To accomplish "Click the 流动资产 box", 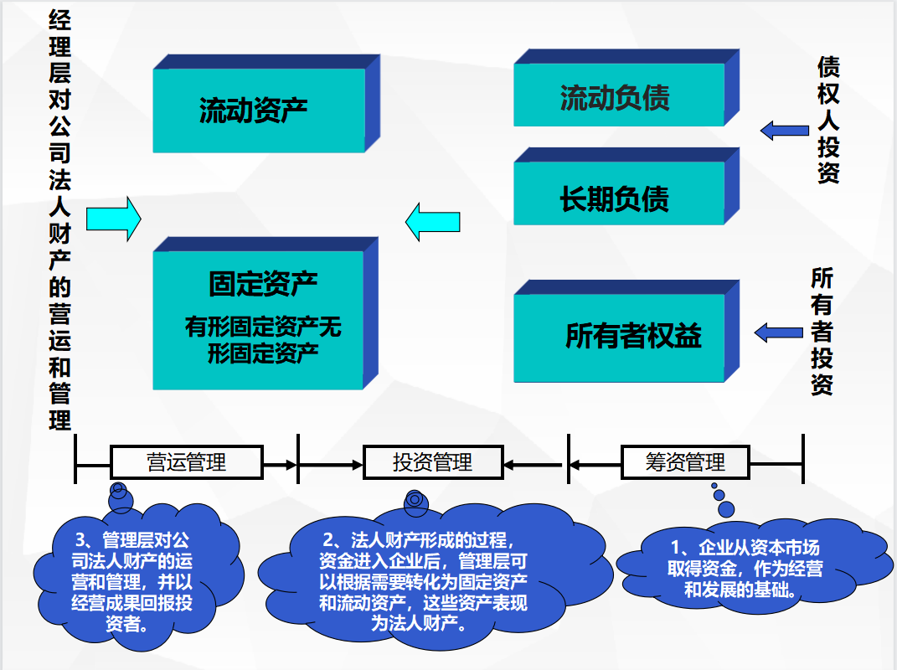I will pos(259,111).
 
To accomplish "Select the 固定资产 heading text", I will pos(263,284).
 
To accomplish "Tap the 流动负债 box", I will pos(618,98).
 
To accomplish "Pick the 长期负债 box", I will pos(618,198).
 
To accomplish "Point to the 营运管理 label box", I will pos(187,462).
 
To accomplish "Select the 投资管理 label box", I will pos(432,462).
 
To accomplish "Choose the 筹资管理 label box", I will pos(685,462).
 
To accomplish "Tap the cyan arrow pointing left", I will pos(432,221).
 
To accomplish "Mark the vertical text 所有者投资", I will pos(822,332).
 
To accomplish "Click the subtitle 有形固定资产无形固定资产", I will pos(263,339).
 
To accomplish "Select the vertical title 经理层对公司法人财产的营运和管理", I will pos(59,219).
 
